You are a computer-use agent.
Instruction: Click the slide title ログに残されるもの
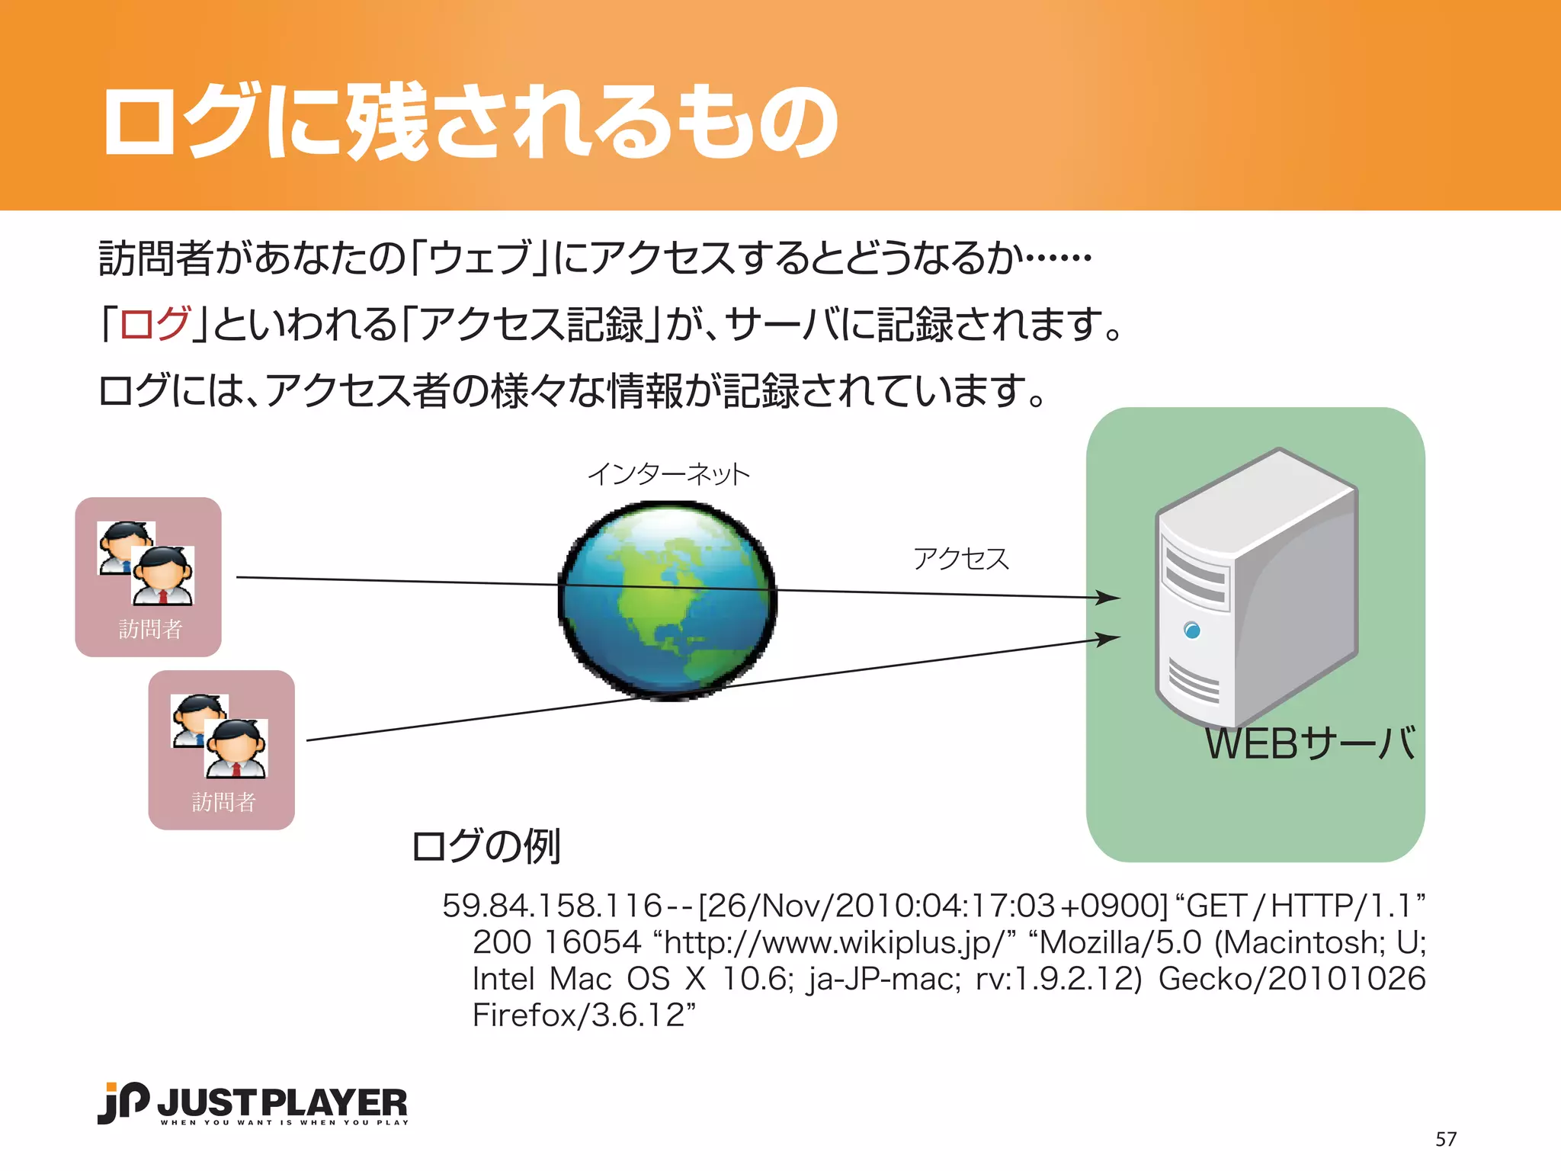(x=470, y=122)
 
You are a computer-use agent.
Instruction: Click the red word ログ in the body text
(x=155, y=324)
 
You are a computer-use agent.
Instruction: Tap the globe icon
(x=668, y=600)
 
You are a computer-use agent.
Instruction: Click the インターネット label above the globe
(x=668, y=474)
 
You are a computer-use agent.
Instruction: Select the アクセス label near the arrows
(x=960, y=559)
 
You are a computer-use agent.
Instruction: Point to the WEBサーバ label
(x=1309, y=744)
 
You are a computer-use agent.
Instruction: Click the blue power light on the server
(x=1192, y=630)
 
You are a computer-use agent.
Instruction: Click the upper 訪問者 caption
(x=150, y=629)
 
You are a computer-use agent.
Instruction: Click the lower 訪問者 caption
(x=223, y=802)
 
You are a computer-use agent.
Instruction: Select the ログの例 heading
(x=486, y=846)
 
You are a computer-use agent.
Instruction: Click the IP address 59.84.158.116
(x=552, y=906)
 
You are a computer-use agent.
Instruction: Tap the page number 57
(x=1445, y=1139)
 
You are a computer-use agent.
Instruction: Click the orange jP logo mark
(x=123, y=1102)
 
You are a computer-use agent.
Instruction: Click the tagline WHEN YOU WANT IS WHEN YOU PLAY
(x=284, y=1122)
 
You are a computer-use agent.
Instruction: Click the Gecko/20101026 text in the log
(x=1291, y=979)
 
